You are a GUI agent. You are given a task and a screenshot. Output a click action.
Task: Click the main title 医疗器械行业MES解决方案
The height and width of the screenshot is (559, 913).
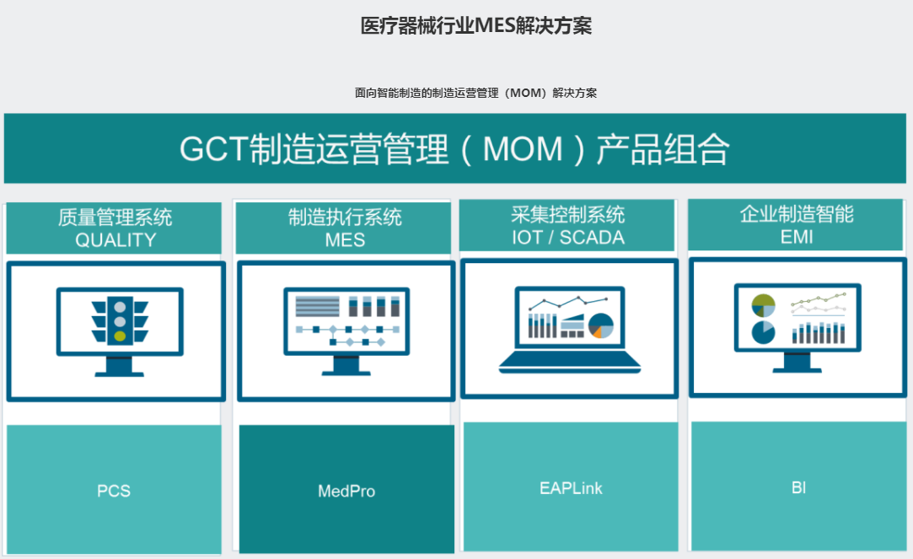475,25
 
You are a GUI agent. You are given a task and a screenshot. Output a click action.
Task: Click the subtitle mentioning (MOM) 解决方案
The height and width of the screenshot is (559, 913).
475,93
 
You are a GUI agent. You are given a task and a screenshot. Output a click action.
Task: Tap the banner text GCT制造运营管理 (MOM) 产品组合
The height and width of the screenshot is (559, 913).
454,149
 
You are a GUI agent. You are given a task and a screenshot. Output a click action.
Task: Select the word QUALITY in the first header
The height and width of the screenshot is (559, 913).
115,240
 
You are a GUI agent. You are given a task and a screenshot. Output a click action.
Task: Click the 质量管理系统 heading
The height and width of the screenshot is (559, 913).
115,218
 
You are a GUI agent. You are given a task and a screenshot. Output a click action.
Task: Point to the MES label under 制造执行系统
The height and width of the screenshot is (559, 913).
345,240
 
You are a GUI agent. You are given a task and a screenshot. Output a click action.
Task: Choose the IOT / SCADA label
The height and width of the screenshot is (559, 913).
567,238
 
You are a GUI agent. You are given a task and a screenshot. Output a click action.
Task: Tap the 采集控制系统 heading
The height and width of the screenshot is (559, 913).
567,214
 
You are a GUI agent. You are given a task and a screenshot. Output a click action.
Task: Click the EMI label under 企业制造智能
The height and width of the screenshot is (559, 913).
797,237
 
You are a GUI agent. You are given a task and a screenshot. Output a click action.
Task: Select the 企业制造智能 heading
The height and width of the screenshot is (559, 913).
797,213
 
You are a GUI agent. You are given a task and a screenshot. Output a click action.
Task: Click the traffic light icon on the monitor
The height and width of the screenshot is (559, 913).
120,321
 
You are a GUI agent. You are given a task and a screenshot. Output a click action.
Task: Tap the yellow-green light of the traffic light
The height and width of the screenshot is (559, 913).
120,336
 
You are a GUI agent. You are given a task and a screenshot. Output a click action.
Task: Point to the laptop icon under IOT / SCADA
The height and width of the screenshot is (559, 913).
569,330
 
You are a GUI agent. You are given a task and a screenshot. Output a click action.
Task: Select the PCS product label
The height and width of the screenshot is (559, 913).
114,491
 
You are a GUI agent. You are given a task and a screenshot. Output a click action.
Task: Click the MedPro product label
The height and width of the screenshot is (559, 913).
346,491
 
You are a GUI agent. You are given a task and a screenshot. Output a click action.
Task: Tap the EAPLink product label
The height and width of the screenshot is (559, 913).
571,488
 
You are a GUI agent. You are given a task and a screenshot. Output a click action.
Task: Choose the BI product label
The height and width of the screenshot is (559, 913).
799,487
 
